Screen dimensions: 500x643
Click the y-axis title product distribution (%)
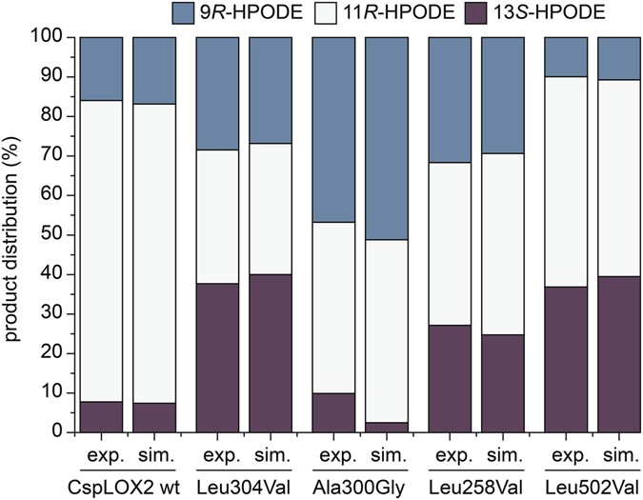click(13, 234)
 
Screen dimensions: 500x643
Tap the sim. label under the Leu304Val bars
click(271, 454)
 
